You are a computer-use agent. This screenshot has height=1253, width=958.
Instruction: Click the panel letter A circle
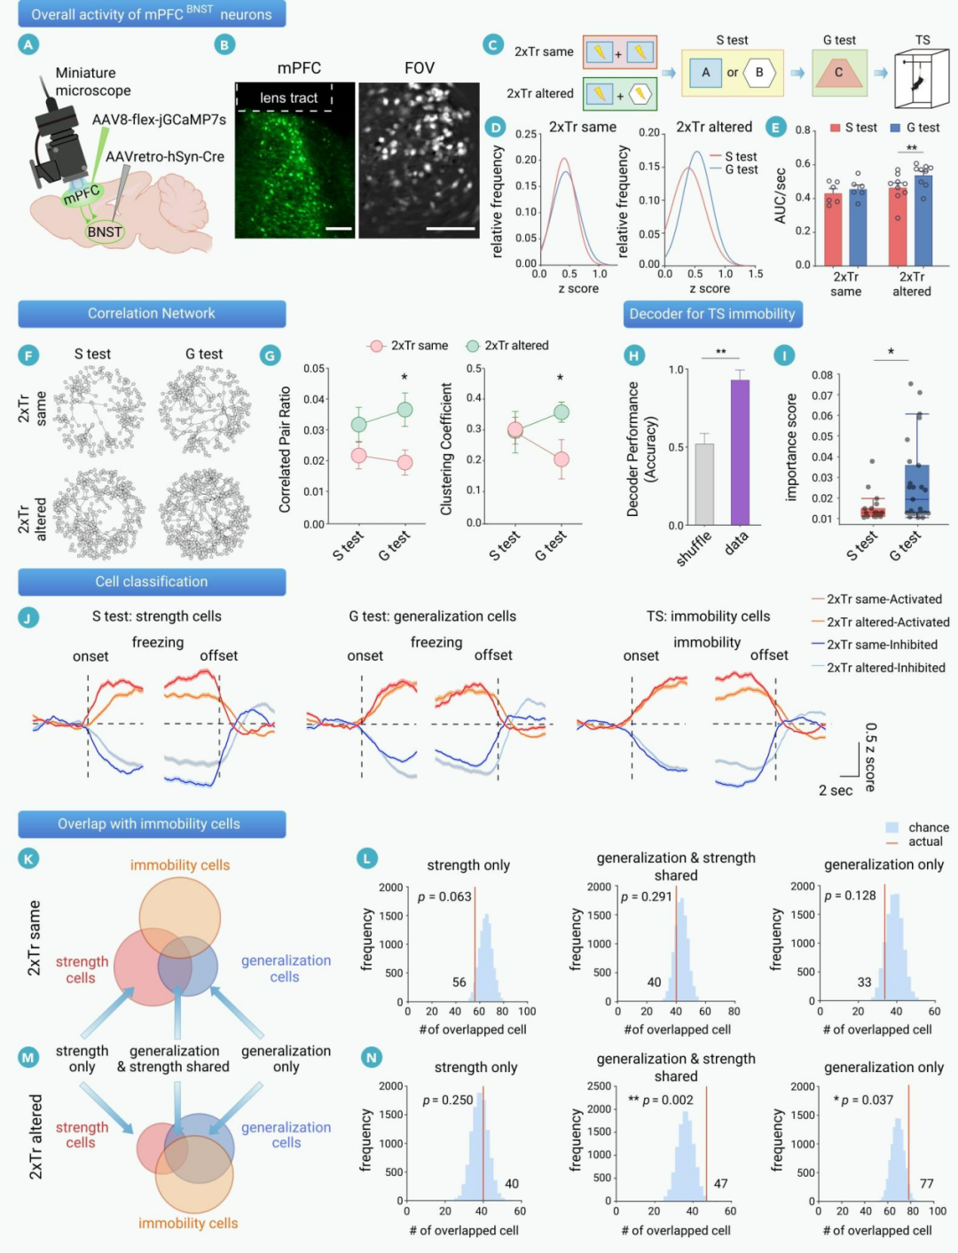(x=28, y=45)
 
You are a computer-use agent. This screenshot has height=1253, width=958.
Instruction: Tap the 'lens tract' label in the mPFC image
(x=288, y=98)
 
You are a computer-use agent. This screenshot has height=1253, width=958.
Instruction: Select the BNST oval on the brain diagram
(x=105, y=232)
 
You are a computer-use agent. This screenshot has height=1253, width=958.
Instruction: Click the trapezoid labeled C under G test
(x=838, y=73)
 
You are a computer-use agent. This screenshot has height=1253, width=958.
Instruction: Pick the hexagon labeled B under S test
(x=759, y=73)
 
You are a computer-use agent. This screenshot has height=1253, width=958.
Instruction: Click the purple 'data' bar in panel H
(x=740, y=452)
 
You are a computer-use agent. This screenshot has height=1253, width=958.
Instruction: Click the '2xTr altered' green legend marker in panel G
(x=473, y=346)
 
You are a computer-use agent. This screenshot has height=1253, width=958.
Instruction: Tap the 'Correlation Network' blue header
(x=152, y=314)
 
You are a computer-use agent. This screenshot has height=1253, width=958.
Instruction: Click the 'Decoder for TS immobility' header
(x=711, y=314)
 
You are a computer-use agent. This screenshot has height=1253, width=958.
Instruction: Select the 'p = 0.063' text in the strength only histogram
(x=444, y=897)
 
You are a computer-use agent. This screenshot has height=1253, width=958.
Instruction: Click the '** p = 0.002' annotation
(x=661, y=1100)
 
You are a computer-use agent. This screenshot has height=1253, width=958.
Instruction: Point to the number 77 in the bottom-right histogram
(x=926, y=1183)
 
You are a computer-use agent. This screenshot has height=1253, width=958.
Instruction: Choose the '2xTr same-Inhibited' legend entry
(x=882, y=645)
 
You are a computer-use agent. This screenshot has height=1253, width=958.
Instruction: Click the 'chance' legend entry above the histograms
(x=928, y=827)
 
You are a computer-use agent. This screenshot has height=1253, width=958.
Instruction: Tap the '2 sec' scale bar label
(x=836, y=790)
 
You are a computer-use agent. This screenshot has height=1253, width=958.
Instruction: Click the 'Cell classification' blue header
(x=152, y=582)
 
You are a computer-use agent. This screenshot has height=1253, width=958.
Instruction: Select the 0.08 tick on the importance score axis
(x=821, y=375)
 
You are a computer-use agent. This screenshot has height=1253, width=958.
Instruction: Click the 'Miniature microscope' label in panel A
(x=93, y=82)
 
